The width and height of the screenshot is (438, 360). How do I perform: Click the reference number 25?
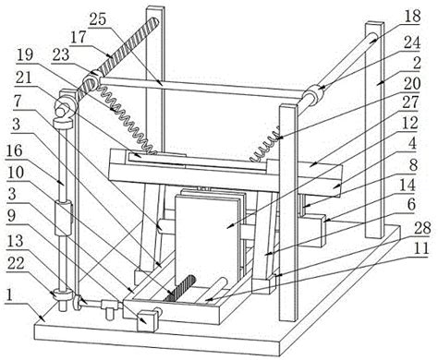[98, 19]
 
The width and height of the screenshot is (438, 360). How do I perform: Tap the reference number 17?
[78, 38]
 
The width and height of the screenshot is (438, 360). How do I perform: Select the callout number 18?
[412, 16]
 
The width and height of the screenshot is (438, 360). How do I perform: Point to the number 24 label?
[412, 43]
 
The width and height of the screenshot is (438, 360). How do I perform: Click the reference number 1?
[10, 294]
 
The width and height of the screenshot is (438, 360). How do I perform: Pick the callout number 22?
[16, 263]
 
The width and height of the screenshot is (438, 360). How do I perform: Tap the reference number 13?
[15, 241]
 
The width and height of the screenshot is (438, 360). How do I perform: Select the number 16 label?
[15, 150]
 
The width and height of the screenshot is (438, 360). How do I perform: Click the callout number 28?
[422, 228]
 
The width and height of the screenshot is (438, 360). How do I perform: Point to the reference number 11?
[421, 248]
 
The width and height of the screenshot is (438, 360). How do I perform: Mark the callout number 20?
[412, 83]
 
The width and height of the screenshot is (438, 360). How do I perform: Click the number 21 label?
[24, 78]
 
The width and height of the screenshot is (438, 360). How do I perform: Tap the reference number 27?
[410, 102]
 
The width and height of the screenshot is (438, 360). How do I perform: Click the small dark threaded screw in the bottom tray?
[180, 289]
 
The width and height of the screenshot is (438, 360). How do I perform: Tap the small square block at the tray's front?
[147, 321]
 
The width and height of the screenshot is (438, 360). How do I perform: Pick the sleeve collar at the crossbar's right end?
[311, 93]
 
